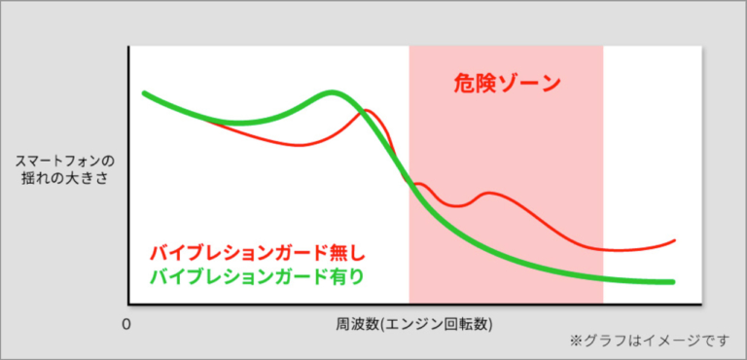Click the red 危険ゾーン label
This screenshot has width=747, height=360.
(x=507, y=84)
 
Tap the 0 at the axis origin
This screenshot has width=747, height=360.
(x=125, y=322)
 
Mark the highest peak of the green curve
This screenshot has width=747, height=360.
(x=333, y=93)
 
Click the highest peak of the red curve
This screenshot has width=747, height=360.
(x=367, y=110)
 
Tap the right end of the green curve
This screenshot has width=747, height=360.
(x=673, y=282)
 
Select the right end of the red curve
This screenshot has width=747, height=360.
(x=674, y=238)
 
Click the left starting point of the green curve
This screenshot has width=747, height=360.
(x=144, y=93)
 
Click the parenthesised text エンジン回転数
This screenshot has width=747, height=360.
(x=436, y=322)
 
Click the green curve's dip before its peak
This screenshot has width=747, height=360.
(x=238, y=123)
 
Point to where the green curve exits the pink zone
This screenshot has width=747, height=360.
(x=603, y=277)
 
